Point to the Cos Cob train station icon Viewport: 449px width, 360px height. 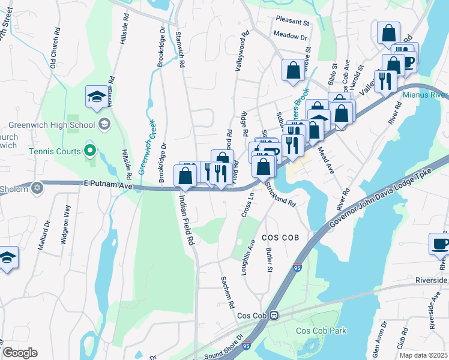click(274, 315)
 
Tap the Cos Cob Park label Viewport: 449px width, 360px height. click(321, 331)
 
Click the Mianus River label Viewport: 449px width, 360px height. click(424, 95)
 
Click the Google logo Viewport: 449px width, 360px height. click(20, 353)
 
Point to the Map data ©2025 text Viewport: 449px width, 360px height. click(423, 355)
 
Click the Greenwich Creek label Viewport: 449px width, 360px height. click(145, 146)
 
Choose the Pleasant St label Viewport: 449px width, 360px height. click(292, 23)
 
